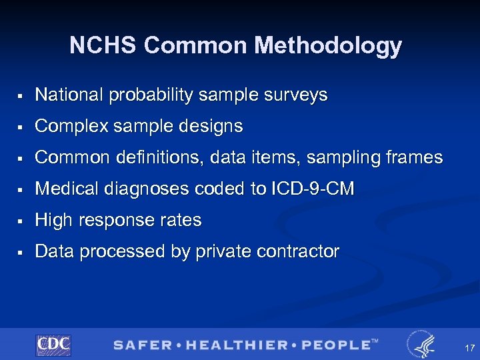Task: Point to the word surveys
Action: [x=297, y=95]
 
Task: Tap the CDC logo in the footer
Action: [x=53, y=345]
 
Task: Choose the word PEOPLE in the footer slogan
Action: [x=335, y=345]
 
